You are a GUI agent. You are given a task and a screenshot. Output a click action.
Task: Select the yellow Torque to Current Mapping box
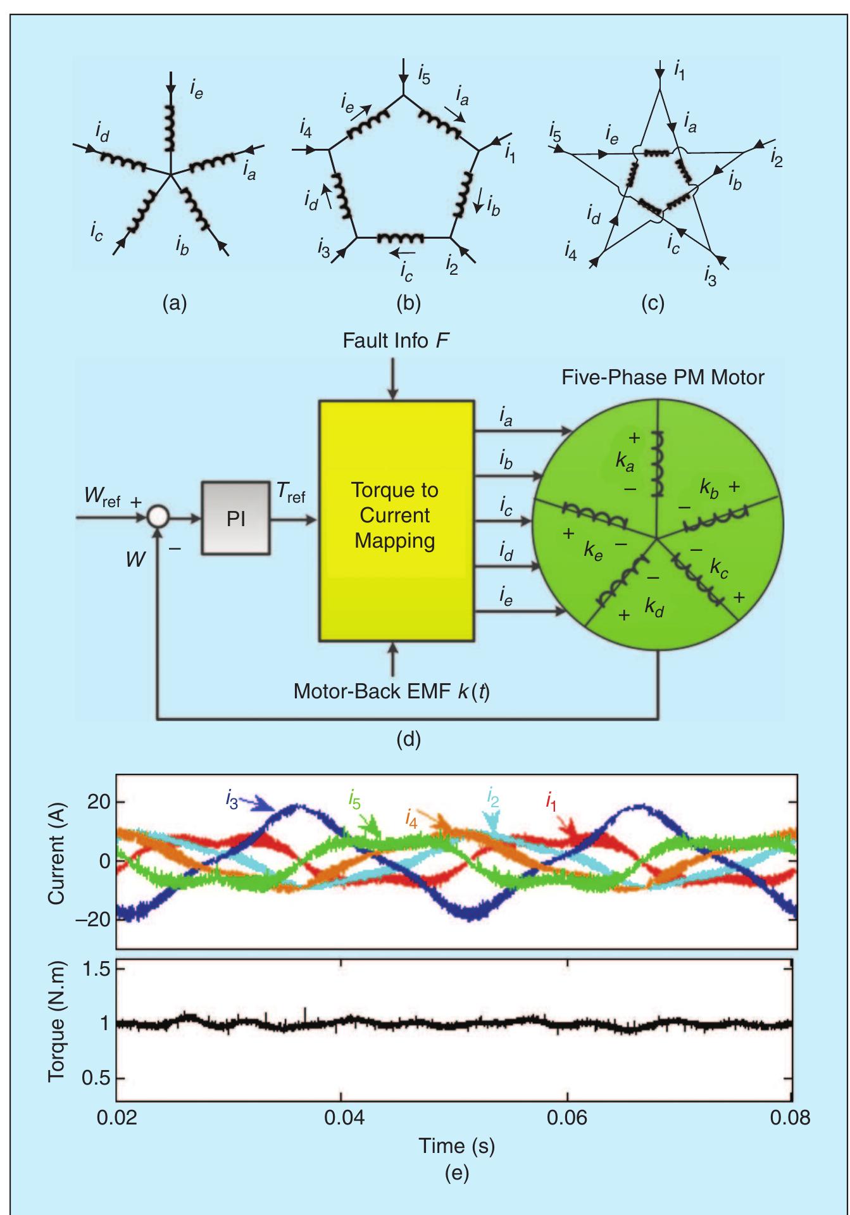click(396, 520)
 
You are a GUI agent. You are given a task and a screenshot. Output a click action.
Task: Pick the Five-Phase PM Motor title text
click(663, 378)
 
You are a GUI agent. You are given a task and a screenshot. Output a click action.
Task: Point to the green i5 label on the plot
click(354, 800)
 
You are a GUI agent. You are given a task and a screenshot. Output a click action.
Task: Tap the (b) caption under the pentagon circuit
click(408, 304)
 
